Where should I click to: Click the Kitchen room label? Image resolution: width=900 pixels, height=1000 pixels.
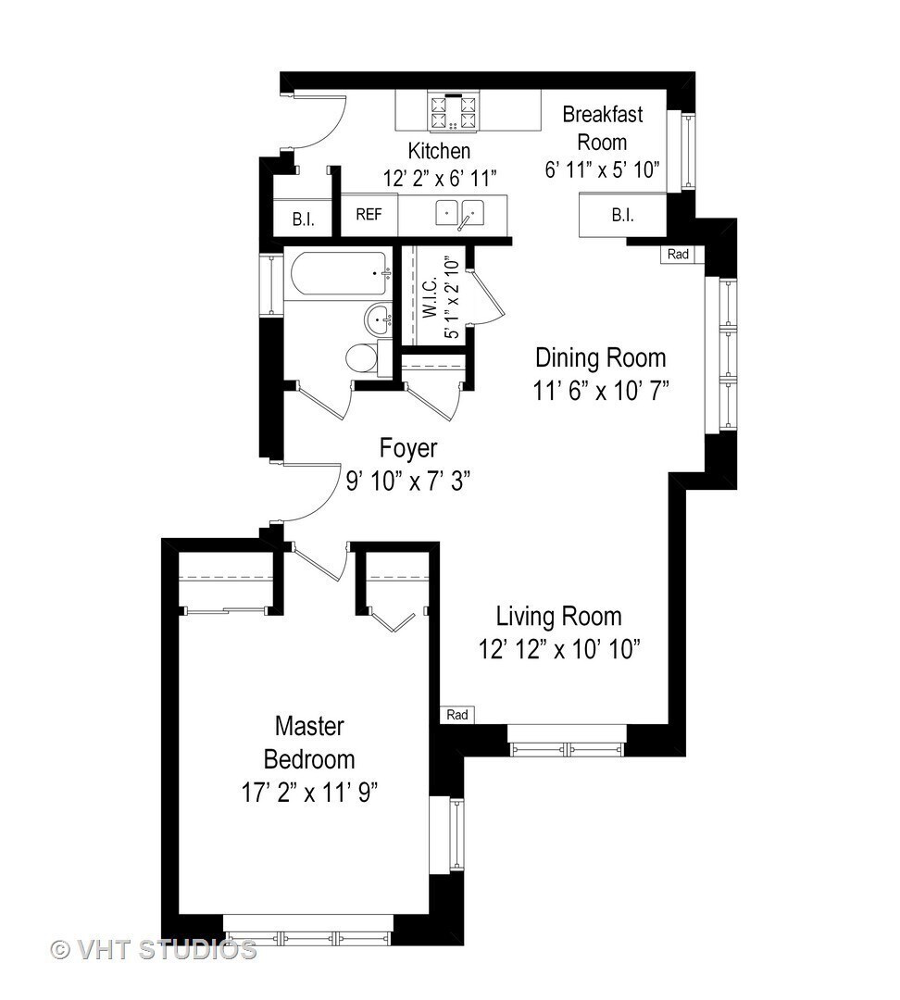tap(439, 151)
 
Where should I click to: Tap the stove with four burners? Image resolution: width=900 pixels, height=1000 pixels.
tap(453, 112)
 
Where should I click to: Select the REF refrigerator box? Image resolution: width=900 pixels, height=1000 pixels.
tap(369, 215)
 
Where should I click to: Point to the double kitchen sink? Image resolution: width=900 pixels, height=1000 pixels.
tap(459, 213)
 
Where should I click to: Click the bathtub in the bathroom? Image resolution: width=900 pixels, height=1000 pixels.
tap(339, 273)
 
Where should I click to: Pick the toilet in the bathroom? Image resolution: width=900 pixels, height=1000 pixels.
tap(368, 357)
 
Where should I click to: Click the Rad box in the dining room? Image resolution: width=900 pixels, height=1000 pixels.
tap(678, 255)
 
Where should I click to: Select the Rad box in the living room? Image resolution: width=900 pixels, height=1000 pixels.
tap(456, 715)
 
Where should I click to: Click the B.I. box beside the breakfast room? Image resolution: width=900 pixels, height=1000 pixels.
tap(622, 216)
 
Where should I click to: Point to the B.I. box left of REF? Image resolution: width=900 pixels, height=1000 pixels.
tap(303, 219)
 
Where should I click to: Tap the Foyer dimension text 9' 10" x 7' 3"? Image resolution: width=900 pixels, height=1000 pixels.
tap(408, 481)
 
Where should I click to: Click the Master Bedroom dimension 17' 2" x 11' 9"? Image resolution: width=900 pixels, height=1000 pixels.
tap(309, 794)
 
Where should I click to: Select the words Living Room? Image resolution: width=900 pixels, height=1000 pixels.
tap(558, 617)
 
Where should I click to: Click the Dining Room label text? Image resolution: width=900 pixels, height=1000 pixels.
tap(600, 357)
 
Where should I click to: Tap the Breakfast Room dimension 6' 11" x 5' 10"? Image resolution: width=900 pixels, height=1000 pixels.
tap(602, 169)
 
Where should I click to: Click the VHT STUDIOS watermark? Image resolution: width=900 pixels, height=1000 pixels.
tap(153, 950)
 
